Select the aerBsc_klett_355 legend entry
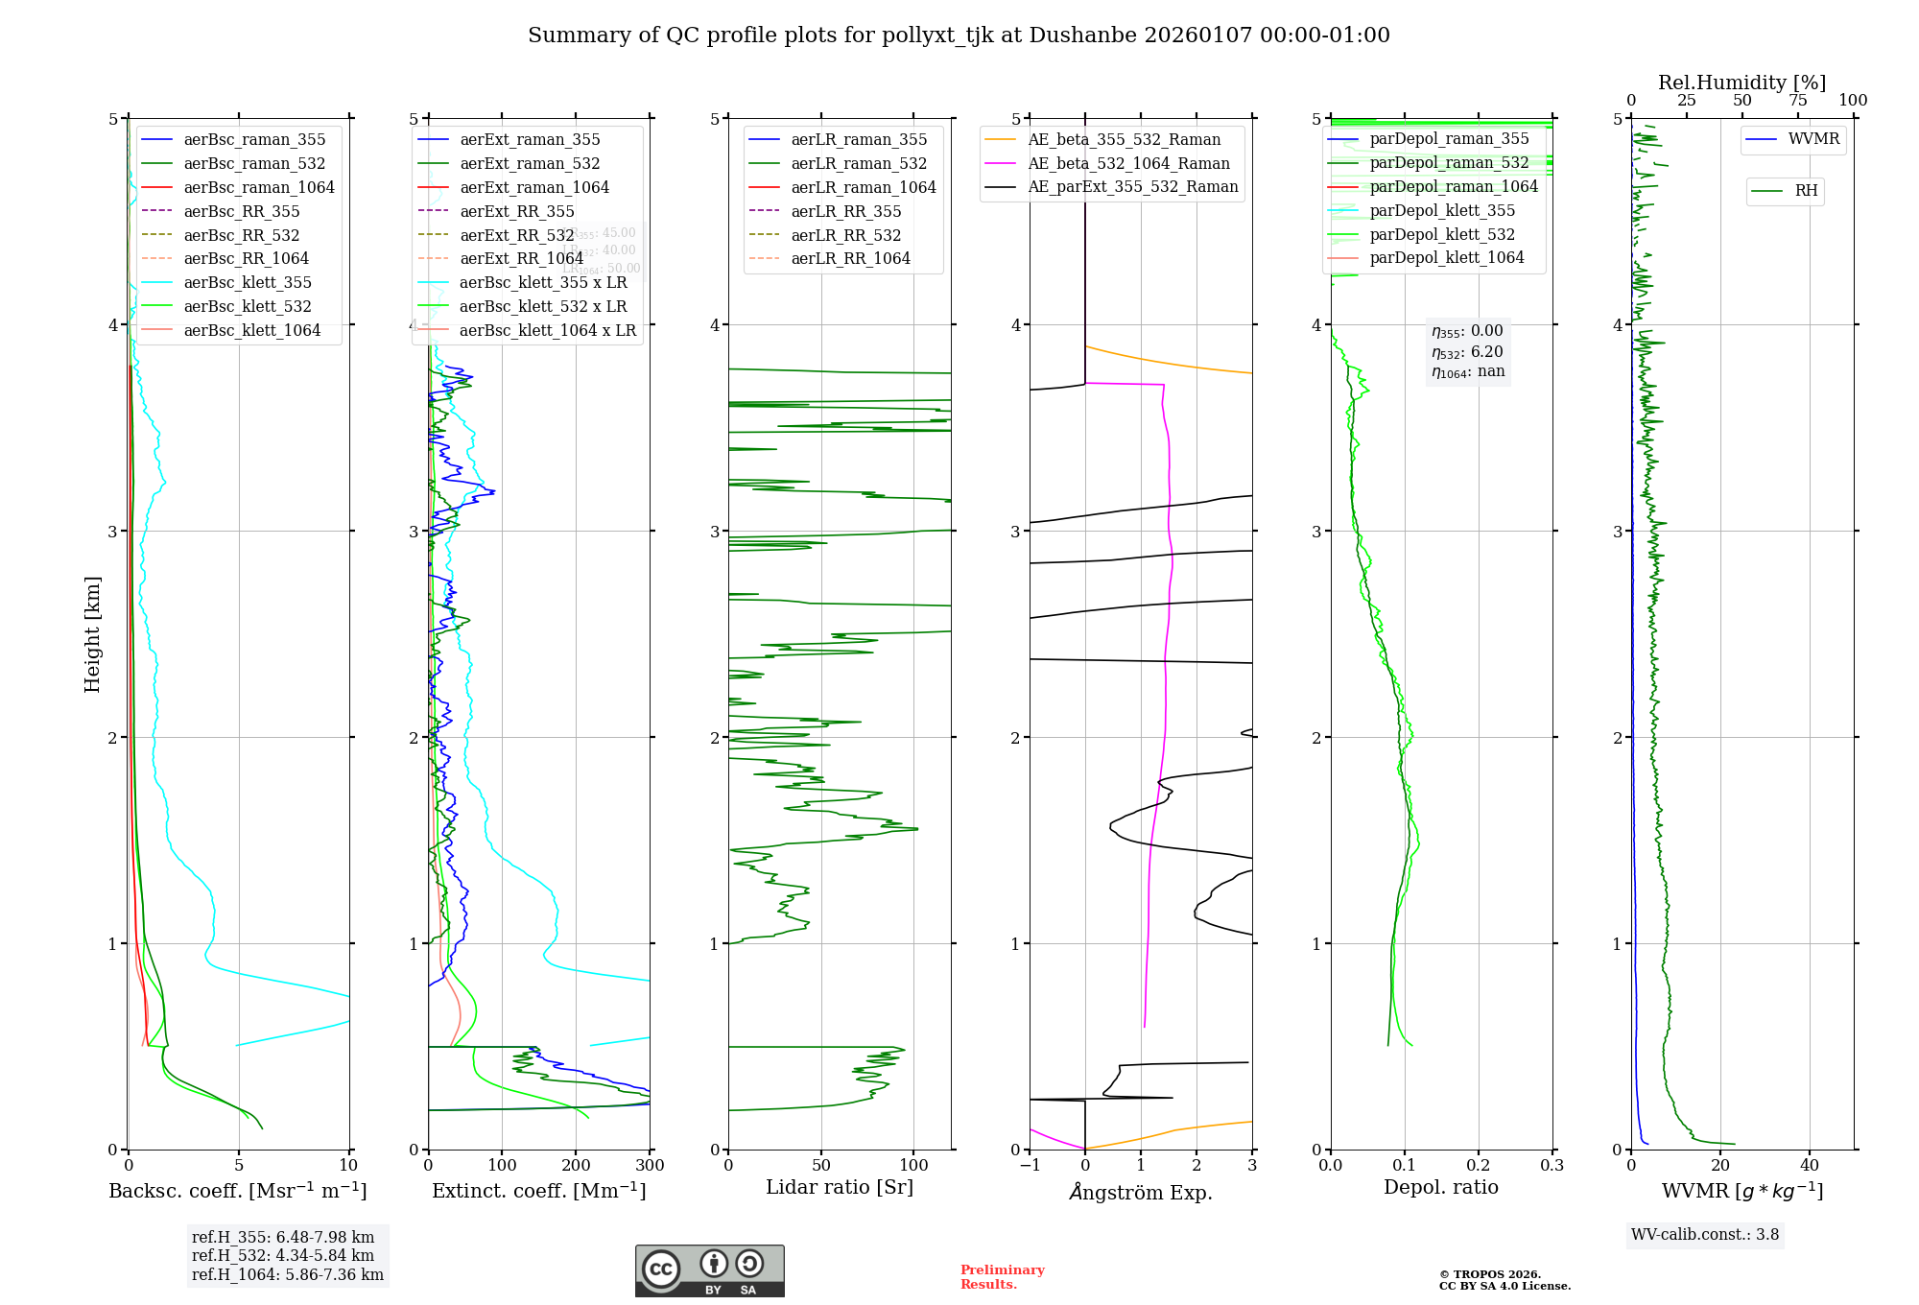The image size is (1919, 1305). (x=248, y=282)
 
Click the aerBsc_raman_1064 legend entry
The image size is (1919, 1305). (x=259, y=187)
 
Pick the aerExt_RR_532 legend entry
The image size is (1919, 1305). (x=516, y=235)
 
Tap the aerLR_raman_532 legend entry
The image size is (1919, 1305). (x=859, y=163)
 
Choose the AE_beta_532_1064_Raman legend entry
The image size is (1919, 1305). (x=1128, y=163)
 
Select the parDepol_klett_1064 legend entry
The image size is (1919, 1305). (x=1446, y=257)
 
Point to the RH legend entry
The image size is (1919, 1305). (x=1806, y=191)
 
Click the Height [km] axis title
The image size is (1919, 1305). (x=92, y=634)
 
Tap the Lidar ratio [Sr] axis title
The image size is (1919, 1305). (x=840, y=1187)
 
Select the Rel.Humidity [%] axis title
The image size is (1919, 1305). (x=1741, y=83)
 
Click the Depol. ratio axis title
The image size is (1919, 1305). (x=1440, y=1187)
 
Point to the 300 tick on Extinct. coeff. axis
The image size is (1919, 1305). (x=651, y=1166)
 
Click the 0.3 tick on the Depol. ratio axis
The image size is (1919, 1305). (x=1552, y=1166)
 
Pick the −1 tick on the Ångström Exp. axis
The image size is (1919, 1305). (x=1030, y=1166)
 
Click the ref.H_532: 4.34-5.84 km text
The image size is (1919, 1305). (x=283, y=1255)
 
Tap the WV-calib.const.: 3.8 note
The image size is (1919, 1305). (x=1705, y=1235)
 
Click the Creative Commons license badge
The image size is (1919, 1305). (x=709, y=1271)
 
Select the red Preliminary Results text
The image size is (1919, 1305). (x=1002, y=1277)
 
